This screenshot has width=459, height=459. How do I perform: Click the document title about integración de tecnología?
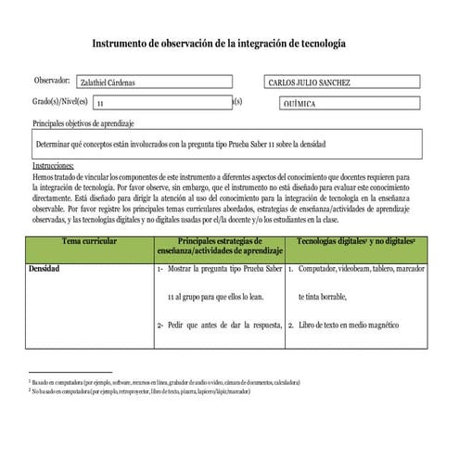coord(220,44)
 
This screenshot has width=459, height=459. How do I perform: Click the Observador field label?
coord(51,82)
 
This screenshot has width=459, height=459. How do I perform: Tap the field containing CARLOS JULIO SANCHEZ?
coord(308,83)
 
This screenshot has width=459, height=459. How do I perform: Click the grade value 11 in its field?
coord(100,105)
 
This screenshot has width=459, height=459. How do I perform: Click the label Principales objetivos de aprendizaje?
coord(83,123)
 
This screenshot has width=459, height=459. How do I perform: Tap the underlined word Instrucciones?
coord(53,164)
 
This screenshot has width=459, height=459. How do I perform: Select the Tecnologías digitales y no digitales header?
coord(356,240)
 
